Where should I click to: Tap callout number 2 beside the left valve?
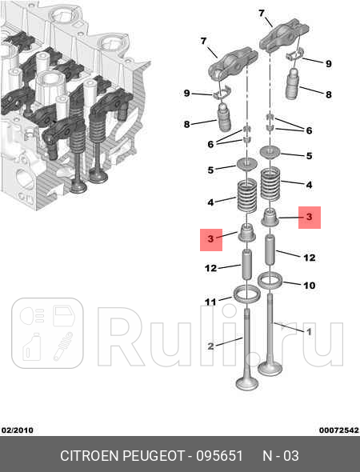pyautogui.click(x=211, y=346)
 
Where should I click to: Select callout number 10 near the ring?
pyautogui.click(x=310, y=284)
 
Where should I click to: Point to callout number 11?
pyautogui.click(x=211, y=302)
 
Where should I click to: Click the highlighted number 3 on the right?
pyautogui.click(x=310, y=217)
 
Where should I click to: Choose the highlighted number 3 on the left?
pyautogui.click(x=211, y=238)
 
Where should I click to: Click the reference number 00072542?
pyautogui.click(x=338, y=430)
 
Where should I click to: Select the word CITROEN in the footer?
pyautogui.click(x=89, y=456)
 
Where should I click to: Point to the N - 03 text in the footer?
pyautogui.click(x=281, y=456)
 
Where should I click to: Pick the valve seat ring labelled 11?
pyautogui.click(x=244, y=294)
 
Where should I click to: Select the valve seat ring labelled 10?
pyautogui.click(x=272, y=279)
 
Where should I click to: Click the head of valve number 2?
pyautogui.click(x=247, y=379)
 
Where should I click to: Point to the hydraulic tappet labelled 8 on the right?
pyautogui.click(x=295, y=85)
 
